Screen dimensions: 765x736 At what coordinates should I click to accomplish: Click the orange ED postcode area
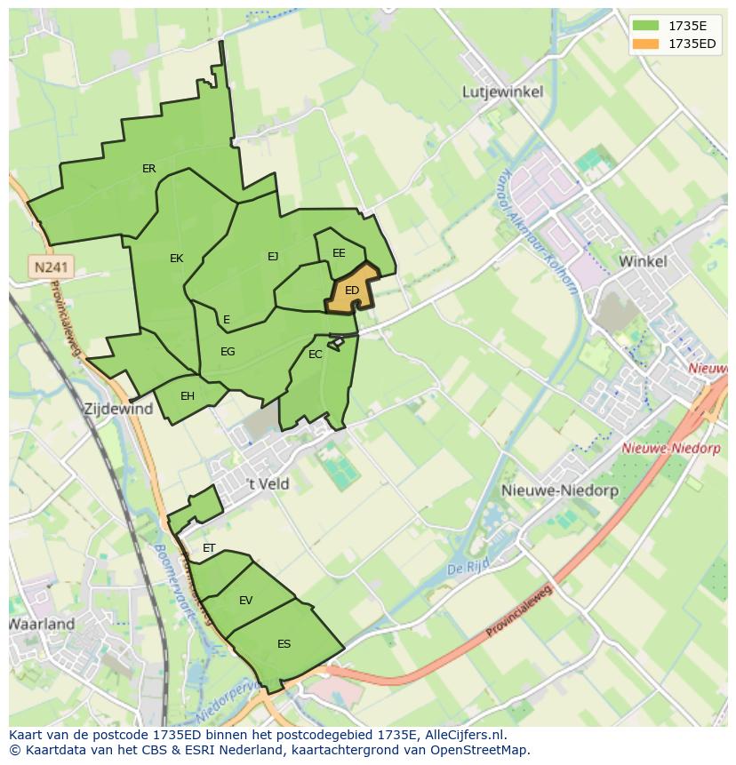353,290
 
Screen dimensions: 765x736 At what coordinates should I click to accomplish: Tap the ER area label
148,169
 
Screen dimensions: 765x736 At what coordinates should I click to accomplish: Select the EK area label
176,259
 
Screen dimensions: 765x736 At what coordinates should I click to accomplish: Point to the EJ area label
273,257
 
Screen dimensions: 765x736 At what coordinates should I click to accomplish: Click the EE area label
339,253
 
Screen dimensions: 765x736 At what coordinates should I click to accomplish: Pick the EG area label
228,352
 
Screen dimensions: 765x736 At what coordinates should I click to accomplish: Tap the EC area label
315,355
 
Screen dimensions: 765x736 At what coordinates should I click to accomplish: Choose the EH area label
188,396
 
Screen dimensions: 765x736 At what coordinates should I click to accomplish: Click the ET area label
209,548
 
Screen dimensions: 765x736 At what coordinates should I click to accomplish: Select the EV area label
245,601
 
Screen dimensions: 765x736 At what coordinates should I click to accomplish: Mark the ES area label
284,644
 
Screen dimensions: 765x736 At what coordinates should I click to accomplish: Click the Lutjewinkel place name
503,92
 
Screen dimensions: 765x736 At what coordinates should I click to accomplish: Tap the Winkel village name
642,261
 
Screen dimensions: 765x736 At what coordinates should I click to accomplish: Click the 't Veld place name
268,484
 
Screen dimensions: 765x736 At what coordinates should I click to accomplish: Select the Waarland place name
42,624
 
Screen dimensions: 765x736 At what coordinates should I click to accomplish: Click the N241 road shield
52,267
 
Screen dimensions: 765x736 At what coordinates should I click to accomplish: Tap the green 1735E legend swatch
646,26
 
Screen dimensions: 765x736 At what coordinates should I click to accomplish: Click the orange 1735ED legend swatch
646,44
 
